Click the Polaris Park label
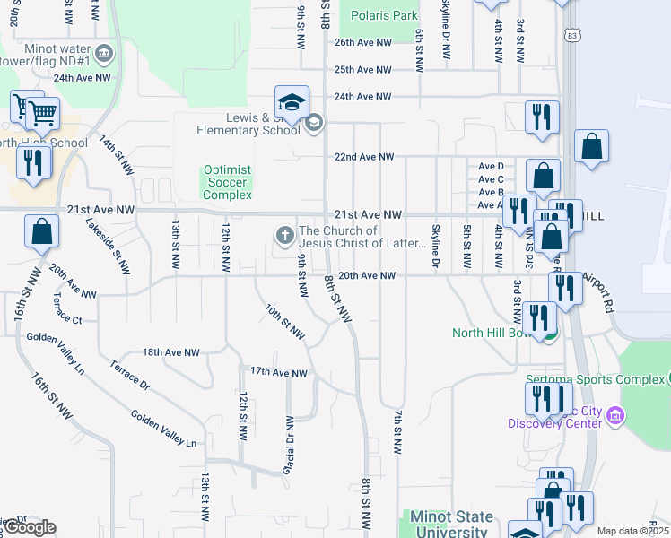tap(384, 15)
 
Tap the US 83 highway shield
tap(572, 35)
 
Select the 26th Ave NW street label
tap(363, 42)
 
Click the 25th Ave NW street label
tap(363, 69)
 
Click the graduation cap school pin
tap(292, 102)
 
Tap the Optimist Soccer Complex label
tap(227, 182)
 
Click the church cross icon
tap(284, 236)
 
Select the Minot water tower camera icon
tap(105, 53)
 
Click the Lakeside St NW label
tap(116, 248)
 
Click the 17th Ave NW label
tap(278, 372)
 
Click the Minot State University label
tap(451, 525)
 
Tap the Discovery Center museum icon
tap(615, 415)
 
